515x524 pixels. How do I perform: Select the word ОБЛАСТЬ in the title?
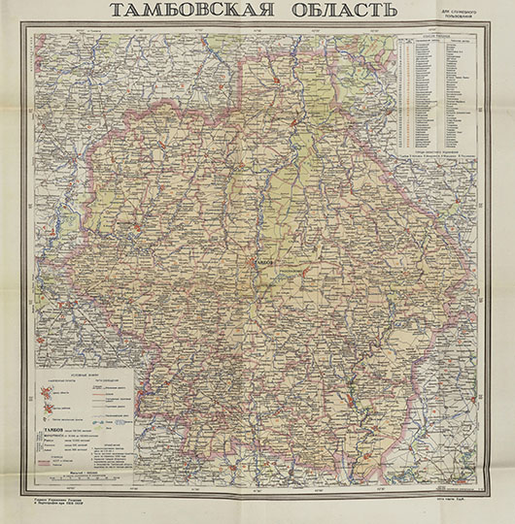331,13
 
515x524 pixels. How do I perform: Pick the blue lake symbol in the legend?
114,423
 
